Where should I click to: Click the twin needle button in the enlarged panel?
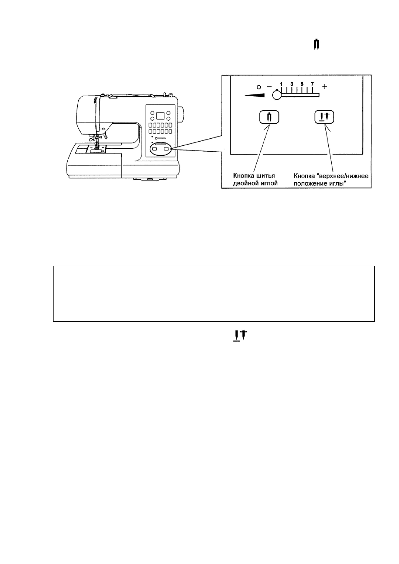click(269, 117)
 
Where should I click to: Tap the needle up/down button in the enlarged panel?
click(325, 117)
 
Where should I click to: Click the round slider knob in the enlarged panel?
click(277, 95)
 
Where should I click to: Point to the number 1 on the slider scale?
click(281, 84)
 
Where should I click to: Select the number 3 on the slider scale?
click(292, 84)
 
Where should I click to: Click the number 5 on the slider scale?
click(302, 84)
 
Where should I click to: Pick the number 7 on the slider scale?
click(312, 84)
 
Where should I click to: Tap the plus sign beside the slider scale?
click(325, 87)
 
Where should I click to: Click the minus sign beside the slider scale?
click(269, 87)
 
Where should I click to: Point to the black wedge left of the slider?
click(255, 95)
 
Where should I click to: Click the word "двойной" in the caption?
click(243, 183)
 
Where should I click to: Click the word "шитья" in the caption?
click(265, 176)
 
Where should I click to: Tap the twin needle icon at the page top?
click(317, 44)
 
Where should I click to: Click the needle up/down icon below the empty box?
click(240, 336)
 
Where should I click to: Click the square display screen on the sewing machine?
click(161, 116)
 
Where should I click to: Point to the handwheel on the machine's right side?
click(182, 114)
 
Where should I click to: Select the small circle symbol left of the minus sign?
click(258, 87)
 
